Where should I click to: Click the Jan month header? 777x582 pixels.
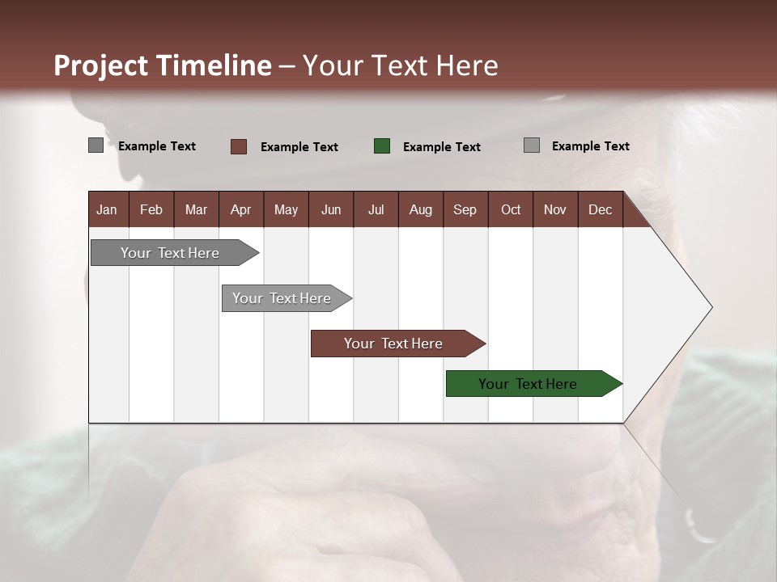click(107, 209)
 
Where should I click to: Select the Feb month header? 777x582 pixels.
click(151, 209)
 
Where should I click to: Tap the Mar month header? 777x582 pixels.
click(196, 209)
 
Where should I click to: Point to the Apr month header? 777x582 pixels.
click(240, 209)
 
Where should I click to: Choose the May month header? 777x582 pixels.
click(286, 209)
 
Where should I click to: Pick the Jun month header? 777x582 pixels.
click(331, 209)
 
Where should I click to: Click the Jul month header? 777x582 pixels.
click(376, 209)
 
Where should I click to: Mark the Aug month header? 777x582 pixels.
click(420, 209)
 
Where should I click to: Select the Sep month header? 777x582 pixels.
click(465, 209)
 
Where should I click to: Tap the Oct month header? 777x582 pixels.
click(511, 209)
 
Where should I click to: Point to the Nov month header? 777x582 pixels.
click(555, 209)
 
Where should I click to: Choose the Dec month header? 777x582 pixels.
click(600, 209)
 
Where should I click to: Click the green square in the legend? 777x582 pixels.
click(382, 146)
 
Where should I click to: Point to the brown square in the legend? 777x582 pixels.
click(239, 146)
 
